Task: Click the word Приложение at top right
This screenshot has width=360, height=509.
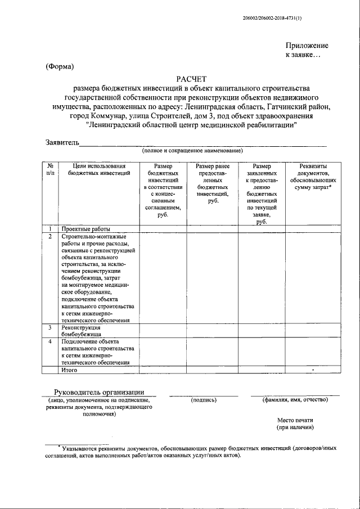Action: [x=307, y=46]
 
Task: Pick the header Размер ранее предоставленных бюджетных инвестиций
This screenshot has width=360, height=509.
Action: [x=213, y=183]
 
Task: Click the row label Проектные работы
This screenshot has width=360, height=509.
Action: [x=86, y=229]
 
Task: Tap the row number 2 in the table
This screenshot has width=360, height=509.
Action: [x=50, y=236]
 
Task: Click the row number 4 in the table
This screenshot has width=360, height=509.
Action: [x=50, y=341]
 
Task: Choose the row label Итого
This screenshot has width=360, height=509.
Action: [x=69, y=370]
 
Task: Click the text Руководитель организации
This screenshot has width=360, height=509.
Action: [x=99, y=392]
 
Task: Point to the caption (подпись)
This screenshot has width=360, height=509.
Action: [x=204, y=400]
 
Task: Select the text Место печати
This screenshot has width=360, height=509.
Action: [x=295, y=420]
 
